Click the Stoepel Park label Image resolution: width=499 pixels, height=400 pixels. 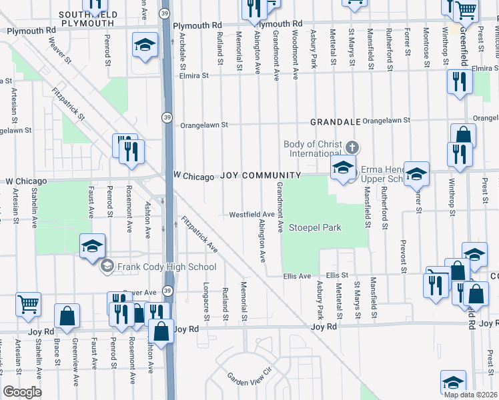pos(315,228)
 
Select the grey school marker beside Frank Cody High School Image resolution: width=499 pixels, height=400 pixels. pos(105,267)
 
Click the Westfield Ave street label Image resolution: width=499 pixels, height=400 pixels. pos(252,215)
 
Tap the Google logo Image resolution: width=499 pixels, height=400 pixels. pos(22,392)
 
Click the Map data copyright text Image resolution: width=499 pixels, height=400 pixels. pos(471,395)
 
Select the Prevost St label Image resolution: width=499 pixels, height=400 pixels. pos(402,256)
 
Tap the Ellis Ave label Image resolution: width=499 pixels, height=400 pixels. pos(297,276)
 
